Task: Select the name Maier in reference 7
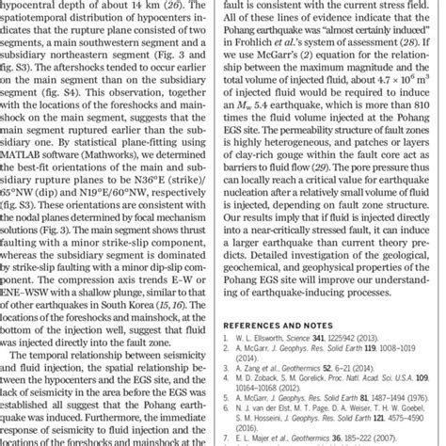tap(288, 438)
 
